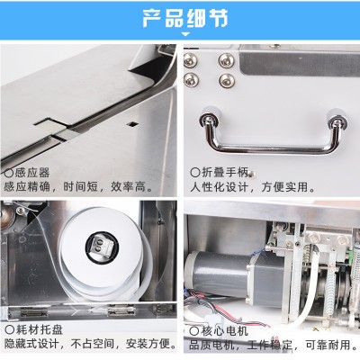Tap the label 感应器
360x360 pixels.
[x=30, y=171]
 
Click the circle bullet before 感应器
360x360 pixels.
[x=8, y=171]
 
